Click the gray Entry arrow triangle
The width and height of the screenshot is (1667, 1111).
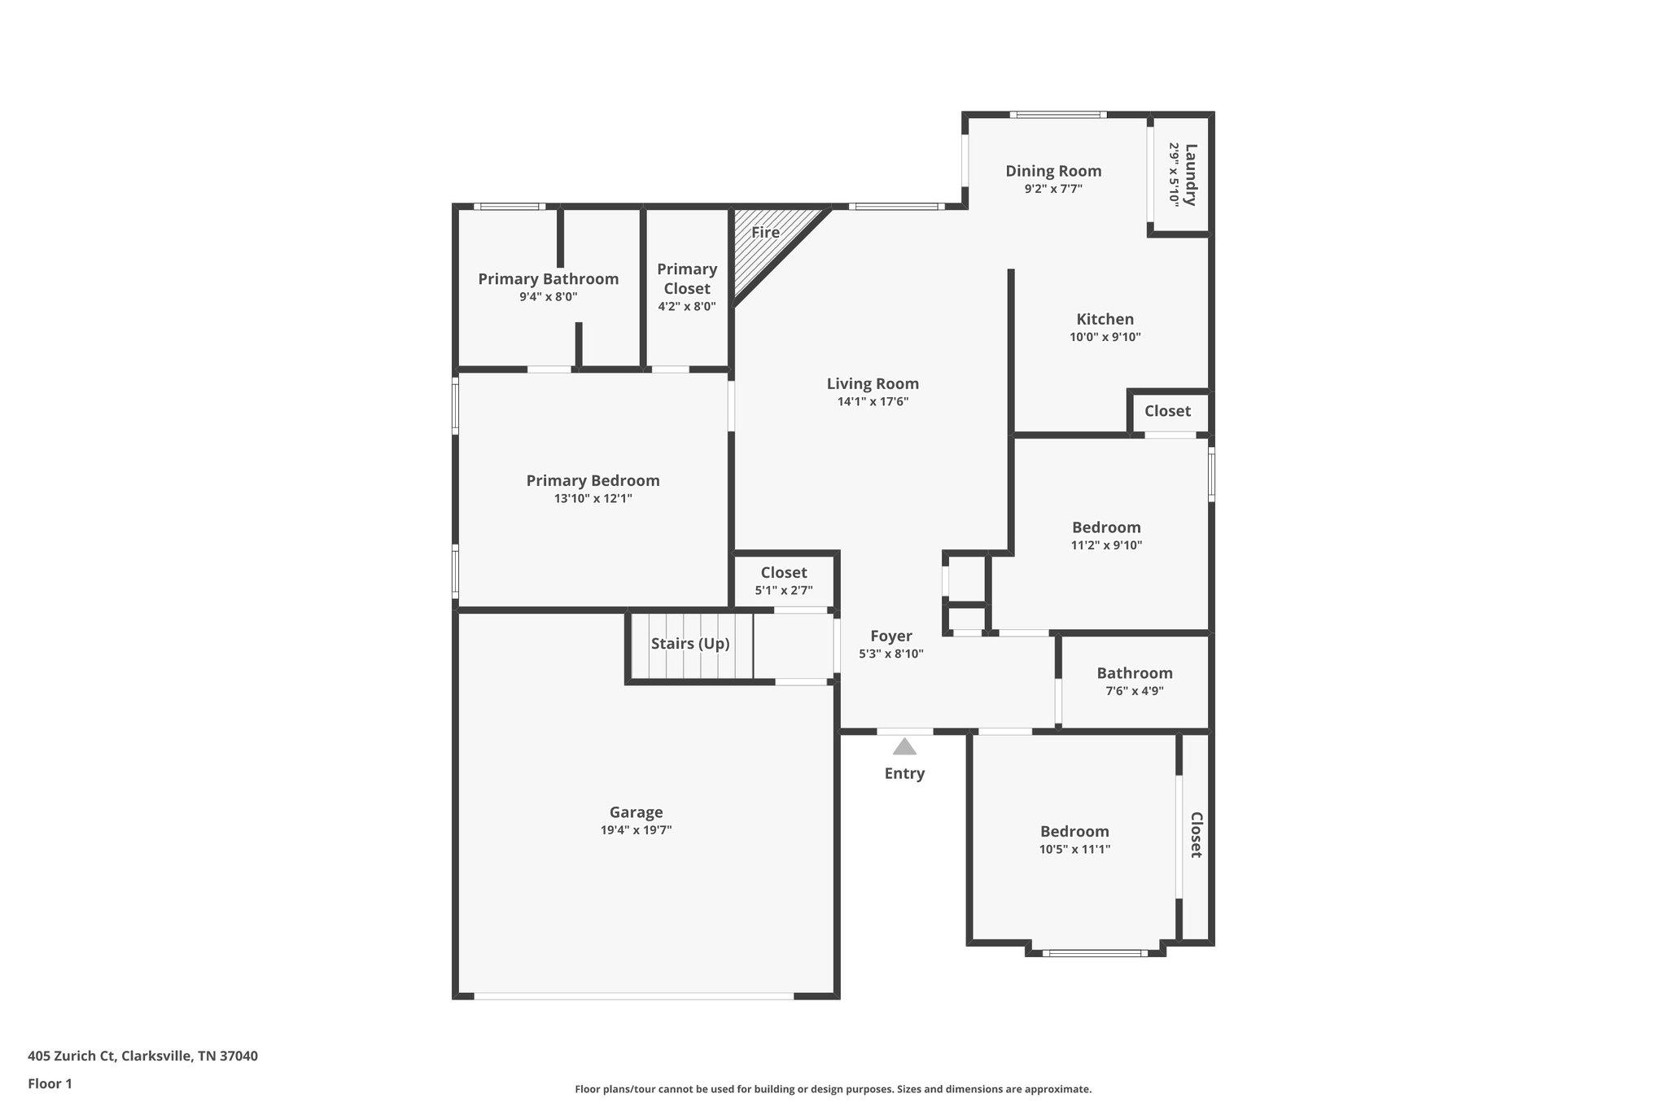click(x=904, y=747)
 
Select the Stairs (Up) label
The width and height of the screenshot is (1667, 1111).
click(x=690, y=644)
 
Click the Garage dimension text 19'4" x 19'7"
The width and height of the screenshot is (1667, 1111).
click(x=636, y=830)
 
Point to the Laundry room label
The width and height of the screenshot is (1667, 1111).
click(x=1191, y=174)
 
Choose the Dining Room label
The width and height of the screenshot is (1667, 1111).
click(x=1053, y=171)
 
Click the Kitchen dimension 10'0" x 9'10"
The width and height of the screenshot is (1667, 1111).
click(x=1105, y=337)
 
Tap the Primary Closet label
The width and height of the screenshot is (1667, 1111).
click(x=687, y=278)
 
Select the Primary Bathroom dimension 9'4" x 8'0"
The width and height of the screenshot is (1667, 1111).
click(x=548, y=297)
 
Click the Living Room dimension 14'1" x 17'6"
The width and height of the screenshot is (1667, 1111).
click(x=873, y=401)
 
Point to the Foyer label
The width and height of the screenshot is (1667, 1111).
click(x=891, y=636)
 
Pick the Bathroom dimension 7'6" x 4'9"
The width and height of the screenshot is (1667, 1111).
click(x=1134, y=691)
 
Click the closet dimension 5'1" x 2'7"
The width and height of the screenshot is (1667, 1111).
click(x=783, y=591)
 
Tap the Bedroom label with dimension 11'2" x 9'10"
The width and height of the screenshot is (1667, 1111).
click(x=1106, y=527)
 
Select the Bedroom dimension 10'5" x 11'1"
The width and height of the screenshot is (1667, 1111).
click(x=1074, y=849)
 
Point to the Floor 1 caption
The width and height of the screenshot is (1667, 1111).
click(x=50, y=1083)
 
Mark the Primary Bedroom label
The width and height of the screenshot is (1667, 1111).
click(x=593, y=480)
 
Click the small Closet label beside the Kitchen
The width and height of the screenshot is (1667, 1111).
click(x=1167, y=411)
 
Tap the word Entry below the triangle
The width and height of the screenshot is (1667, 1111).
click(x=904, y=773)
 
